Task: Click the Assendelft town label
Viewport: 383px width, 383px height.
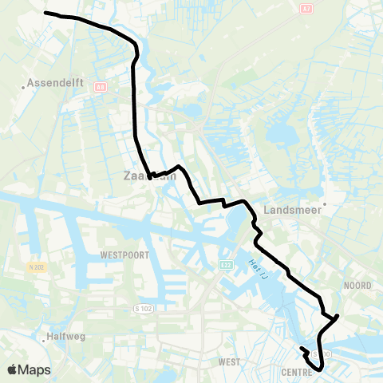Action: click(x=55, y=82)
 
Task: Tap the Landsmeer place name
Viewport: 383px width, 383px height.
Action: click(x=296, y=211)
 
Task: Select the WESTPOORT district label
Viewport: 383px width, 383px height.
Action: click(x=124, y=255)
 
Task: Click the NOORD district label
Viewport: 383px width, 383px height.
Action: click(x=357, y=285)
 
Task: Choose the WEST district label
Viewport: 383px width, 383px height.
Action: click(x=228, y=361)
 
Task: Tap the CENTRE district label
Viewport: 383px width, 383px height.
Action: click(x=296, y=372)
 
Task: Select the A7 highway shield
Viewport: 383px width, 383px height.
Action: click(x=307, y=8)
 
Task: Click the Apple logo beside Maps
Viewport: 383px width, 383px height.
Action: click(x=13, y=369)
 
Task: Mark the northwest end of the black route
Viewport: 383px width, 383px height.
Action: click(x=45, y=13)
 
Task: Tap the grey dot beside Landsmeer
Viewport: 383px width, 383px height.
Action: click(x=326, y=203)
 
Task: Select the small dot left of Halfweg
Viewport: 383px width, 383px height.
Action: click(x=45, y=336)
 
